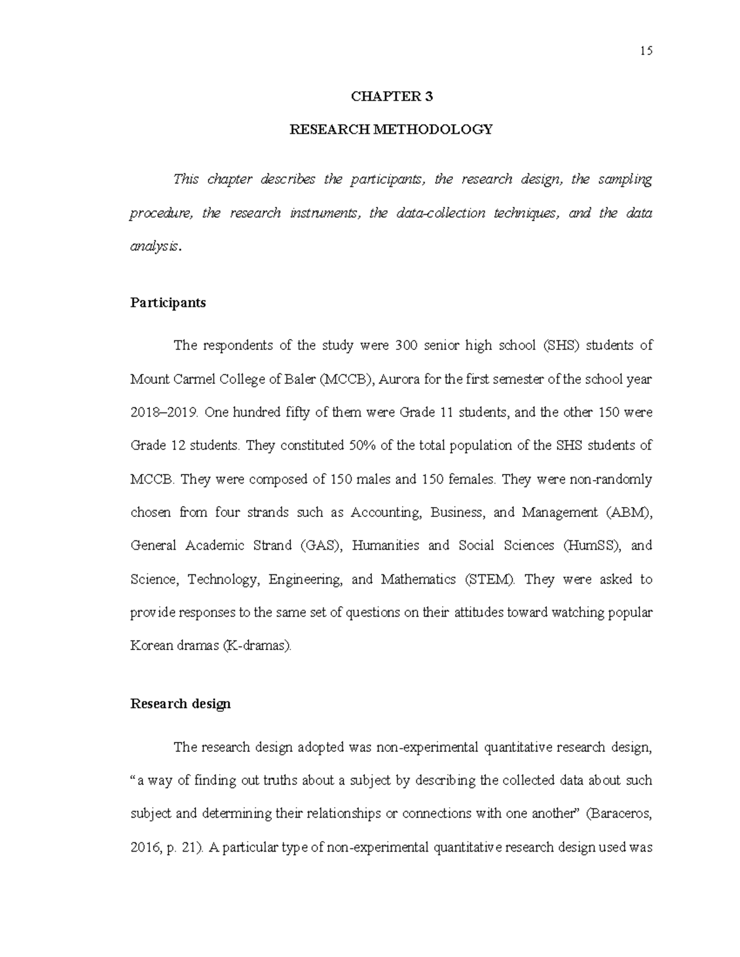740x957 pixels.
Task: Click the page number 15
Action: point(646,51)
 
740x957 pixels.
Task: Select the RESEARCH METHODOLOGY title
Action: point(392,129)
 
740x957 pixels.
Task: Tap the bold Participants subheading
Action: point(168,303)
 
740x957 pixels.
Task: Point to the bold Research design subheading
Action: point(181,704)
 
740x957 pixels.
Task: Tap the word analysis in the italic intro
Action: point(155,246)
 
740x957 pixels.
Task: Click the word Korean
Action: point(151,646)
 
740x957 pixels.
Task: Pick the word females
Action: point(474,479)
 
